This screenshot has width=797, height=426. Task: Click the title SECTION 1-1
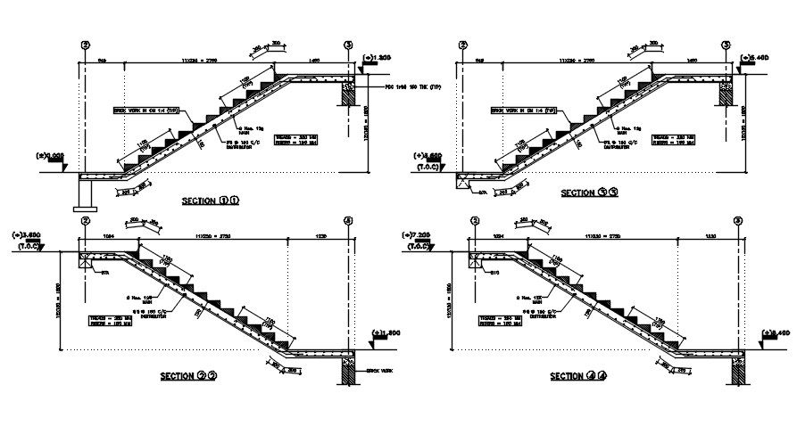click(211, 201)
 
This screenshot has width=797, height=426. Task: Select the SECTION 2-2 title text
click(188, 376)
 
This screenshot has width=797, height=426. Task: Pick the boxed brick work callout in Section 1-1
click(147, 111)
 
